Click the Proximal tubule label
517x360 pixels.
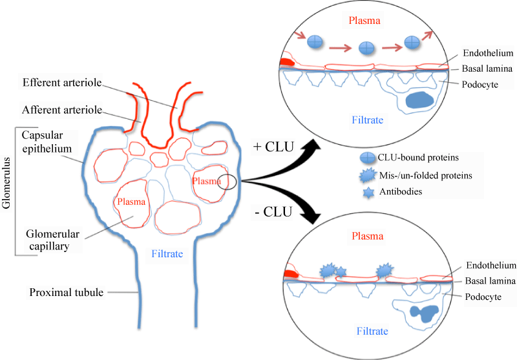tap(67, 292)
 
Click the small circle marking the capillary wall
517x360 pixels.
tap(227, 182)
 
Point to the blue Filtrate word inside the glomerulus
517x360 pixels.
tap(167, 254)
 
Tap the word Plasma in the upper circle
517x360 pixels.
tap(365, 21)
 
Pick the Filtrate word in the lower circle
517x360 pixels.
tap(372, 331)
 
